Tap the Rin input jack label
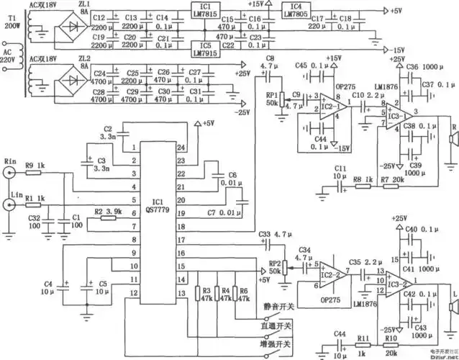click(x=10, y=161)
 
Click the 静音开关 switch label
click(x=280, y=307)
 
